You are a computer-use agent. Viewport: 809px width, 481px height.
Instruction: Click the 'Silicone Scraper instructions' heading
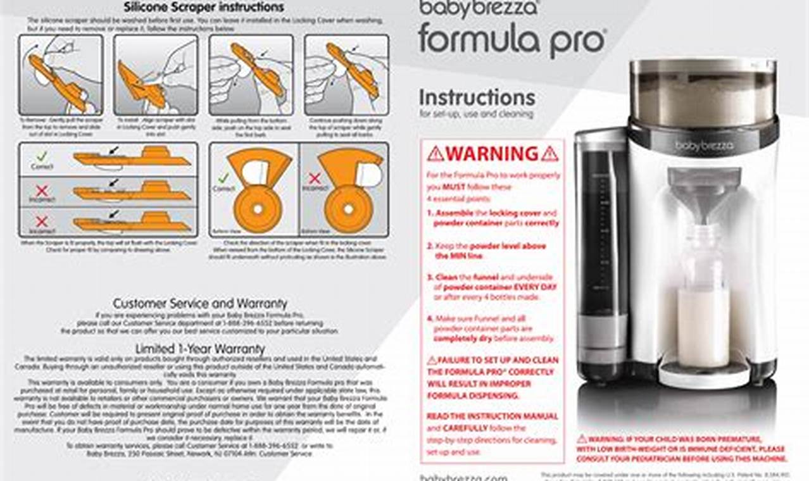(x=204, y=8)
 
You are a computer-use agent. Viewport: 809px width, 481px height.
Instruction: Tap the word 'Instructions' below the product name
(x=477, y=97)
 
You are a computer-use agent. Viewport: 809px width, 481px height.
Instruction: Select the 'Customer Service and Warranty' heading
(x=199, y=303)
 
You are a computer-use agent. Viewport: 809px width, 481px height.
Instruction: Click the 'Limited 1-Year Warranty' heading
(x=199, y=349)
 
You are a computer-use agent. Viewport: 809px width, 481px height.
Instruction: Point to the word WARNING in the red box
(x=492, y=154)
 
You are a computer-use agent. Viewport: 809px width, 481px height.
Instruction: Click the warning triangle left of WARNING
(x=435, y=154)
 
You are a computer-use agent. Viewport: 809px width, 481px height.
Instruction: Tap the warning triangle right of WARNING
(x=549, y=154)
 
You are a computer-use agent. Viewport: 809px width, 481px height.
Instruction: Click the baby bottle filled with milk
(x=703, y=297)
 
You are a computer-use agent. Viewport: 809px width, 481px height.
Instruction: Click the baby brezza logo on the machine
(x=703, y=146)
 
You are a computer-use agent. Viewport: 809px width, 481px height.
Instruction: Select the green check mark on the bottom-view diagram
(x=223, y=178)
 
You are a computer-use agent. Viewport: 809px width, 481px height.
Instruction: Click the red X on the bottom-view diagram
(x=314, y=178)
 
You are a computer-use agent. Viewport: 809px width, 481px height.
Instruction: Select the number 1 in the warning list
(x=429, y=214)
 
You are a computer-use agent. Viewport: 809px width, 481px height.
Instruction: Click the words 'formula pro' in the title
(x=511, y=39)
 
